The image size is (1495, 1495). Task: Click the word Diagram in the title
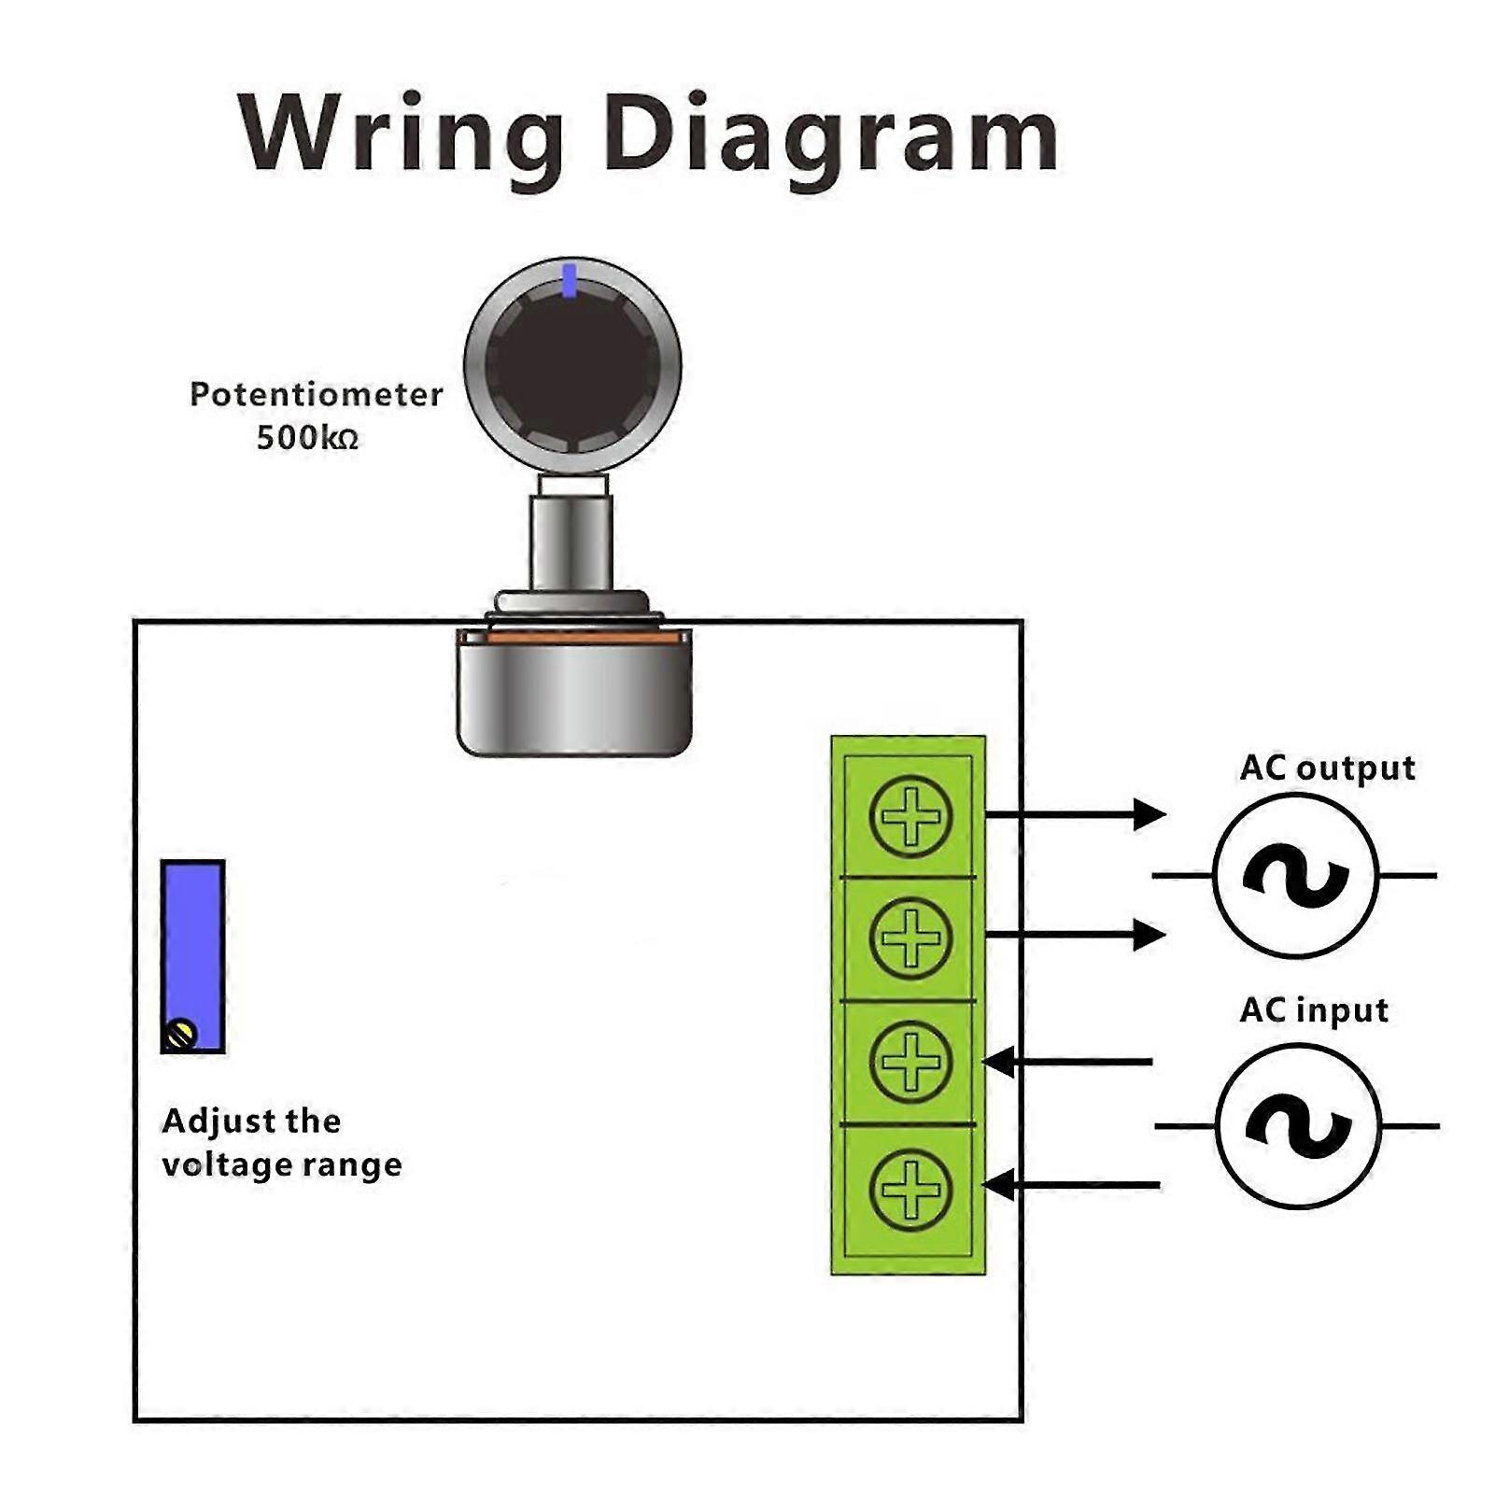(x=831, y=135)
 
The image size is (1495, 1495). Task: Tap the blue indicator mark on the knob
(x=570, y=280)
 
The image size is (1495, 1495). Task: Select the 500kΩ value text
(x=307, y=437)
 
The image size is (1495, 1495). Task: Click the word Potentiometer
(x=316, y=394)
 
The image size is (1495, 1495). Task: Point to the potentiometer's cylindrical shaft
(x=571, y=542)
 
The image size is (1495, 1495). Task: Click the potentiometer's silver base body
(x=574, y=696)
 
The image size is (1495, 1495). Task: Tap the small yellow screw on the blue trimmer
(x=180, y=1035)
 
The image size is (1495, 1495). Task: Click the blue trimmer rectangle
(x=193, y=943)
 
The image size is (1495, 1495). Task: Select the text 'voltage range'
(x=281, y=1164)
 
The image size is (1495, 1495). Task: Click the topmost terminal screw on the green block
(x=910, y=816)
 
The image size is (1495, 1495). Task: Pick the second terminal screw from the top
(x=910, y=938)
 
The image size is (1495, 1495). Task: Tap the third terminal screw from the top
(x=910, y=1061)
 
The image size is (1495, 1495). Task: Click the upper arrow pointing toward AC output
(x=1074, y=814)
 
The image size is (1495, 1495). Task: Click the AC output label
(x=1327, y=768)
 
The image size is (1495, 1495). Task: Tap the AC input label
(x=1314, y=1010)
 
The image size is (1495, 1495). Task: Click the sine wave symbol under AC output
(x=1296, y=876)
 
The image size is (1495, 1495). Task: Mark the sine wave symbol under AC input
(x=1298, y=1126)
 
